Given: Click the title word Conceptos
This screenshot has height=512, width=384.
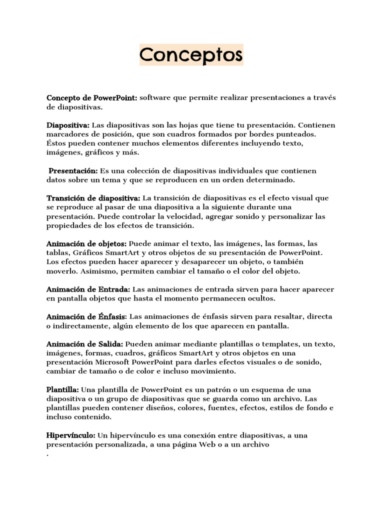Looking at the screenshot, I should click(x=191, y=54).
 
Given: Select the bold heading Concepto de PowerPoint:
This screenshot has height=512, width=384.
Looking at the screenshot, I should click(x=92, y=97).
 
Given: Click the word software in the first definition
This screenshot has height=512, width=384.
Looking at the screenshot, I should click(x=155, y=97).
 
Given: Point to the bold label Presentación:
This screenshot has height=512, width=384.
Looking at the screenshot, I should click(x=73, y=171).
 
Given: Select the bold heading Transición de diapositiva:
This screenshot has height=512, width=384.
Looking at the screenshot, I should click(x=93, y=198).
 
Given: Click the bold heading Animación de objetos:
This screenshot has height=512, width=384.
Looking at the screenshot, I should click(x=86, y=244).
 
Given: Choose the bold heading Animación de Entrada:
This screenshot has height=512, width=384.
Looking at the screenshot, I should click(x=88, y=289).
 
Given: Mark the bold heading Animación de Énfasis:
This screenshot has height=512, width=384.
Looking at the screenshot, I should click(x=86, y=317).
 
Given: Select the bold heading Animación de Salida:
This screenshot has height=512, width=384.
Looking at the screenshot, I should click(x=85, y=344).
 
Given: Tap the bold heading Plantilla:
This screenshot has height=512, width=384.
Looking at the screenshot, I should click(x=62, y=389).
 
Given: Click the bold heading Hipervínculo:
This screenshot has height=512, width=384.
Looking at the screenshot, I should click(x=71, y=435).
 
